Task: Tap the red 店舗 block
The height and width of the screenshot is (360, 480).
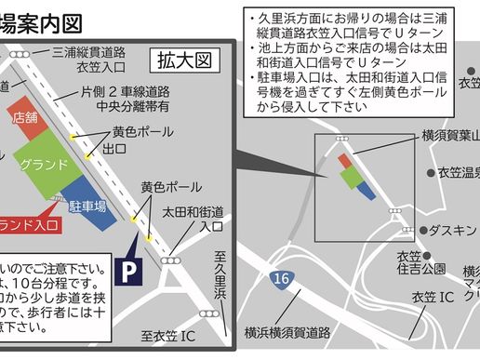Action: point(24,118)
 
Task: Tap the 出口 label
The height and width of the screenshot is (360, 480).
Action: point(114,150)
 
